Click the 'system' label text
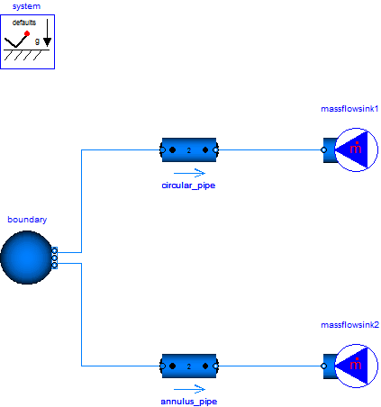pyautogui.click(x=26, y=6)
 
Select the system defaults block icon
pyautogui.click(x=26, y=41)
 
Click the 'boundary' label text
pyautogui.click(x=27, y=219)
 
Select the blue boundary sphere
pyautogui.click(x=26, y=258)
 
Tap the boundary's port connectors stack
pyautogui.click(x=55, y=258)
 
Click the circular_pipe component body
pyautogui.click(x=189, y=149)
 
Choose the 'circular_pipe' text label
pyautogui.click(x=189, y=185)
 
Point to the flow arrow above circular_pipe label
pyautogui.click(x=189, y=172)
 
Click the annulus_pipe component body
pyautogui.click(x=189, y=366)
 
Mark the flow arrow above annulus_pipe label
pyautogui.click(x=189, y=388)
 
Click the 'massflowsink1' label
pyautogui.click(x=350, y=109)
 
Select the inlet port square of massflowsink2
pyautogui.click(x=324, y=366)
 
